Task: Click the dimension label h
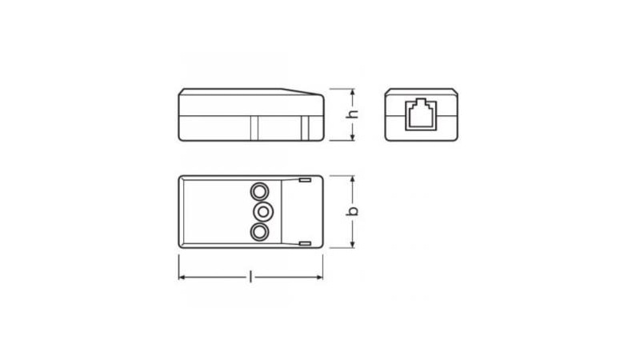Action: tap(352, 114)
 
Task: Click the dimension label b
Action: tap(352, 211)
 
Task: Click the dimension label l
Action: tap(250, 278)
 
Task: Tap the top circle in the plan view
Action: tap(259, 191)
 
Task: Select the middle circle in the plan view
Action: tap(263, 211)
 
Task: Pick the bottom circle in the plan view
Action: tap(259, 232)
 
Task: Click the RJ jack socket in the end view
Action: tap(421, 115)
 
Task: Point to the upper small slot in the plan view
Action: tap(306, 180)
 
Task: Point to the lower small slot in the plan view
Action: tap(306, 244)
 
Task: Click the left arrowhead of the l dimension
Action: tap(182, 278)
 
